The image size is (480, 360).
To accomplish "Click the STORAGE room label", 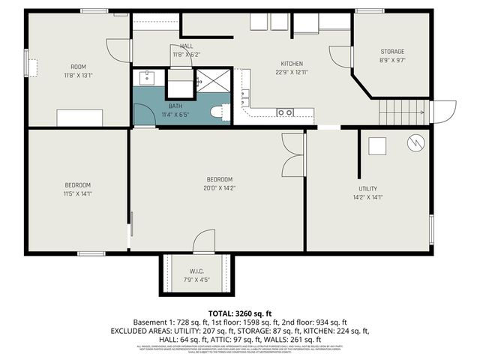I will click(391, 51).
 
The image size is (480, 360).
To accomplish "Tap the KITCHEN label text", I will click(292, 63).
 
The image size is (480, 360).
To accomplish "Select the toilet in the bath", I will click(218, 112).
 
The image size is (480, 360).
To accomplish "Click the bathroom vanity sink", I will click(148, 76).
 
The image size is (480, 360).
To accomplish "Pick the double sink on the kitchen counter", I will click(285, 112).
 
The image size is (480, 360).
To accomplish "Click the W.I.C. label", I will click(196, 271).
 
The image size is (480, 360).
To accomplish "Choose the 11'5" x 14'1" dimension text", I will click(77, 193).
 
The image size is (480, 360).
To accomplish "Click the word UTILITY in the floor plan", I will click(367, 189).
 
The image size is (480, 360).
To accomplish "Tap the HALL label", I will click(186, 46).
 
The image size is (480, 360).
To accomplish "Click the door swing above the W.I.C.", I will click(204, 241).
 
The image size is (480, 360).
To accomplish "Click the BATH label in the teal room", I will click(175, 106).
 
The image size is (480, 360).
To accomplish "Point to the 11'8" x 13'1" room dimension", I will click(79, 75).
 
